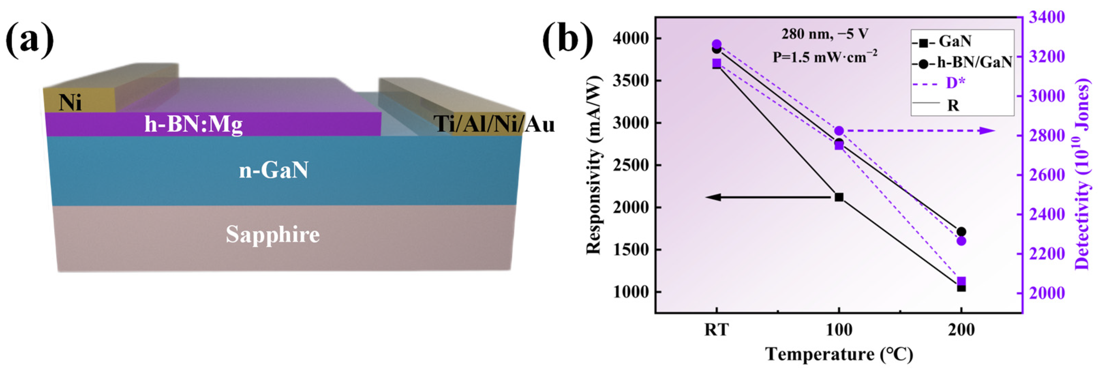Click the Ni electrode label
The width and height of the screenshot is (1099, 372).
click(71, 103)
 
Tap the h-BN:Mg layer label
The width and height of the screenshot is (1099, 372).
click(193, 125)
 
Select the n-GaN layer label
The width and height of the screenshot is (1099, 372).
click(273, 170)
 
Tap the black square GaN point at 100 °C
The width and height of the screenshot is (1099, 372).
click(839, 197)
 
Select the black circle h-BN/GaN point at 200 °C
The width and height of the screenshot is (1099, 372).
click(961, 232)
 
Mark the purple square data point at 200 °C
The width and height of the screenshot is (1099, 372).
click(961, 281)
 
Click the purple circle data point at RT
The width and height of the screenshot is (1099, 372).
click(717, 44)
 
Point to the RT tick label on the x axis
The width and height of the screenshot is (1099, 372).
click(717, 330)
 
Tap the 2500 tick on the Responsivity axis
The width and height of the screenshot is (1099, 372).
click(628, 165)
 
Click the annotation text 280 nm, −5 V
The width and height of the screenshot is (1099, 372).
click(824, 34)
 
